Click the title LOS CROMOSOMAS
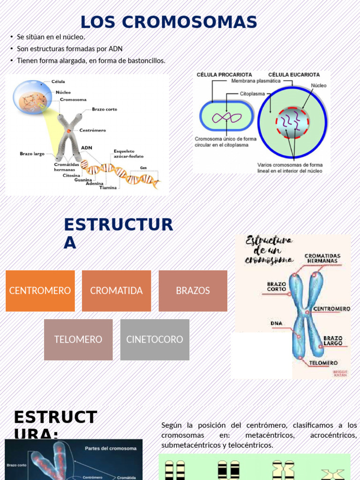[169, 22]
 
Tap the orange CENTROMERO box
[40, 291]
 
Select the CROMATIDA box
[116, 291]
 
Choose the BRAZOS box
[193, 291]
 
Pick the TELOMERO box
[78, 339]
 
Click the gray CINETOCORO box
[155, 339]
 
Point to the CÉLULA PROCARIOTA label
[224, 75]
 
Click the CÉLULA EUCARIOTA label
[294, 75]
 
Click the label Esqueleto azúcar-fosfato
[128, 154]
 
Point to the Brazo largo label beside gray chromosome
[32, 153]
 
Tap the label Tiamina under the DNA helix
[108, 187]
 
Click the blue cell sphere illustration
[32, 97]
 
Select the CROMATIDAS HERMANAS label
[322, 259]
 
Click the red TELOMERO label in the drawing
[323, 363]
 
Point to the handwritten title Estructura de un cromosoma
[269, 250]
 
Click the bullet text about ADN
[69, 49]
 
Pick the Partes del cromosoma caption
[111, 448]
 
